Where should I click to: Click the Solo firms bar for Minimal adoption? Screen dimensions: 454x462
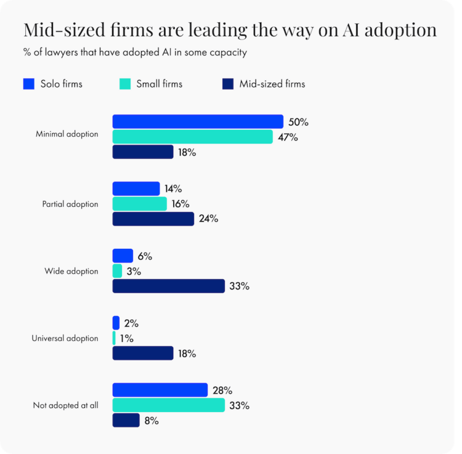click(197, 122)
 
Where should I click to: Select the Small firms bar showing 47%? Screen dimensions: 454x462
click(192, 137)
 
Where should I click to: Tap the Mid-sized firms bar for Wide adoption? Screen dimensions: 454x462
click(168, 286)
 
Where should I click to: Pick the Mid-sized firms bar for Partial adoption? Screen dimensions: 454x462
click(153, 219)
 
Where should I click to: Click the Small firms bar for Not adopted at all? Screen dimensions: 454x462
click(168, 405)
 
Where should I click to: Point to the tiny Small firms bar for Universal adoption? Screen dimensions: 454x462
click(114, 338)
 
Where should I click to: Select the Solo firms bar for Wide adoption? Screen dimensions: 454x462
click(123, 256)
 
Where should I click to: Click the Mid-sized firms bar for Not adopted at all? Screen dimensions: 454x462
click(126, 420)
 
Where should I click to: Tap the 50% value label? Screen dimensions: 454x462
click(298, 122)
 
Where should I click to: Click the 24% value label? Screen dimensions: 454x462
click(209, 219)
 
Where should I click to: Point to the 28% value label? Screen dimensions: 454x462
click(222, 390)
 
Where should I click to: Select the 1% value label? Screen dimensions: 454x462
click(127, 338)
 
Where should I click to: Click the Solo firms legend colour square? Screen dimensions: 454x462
click(28, 84)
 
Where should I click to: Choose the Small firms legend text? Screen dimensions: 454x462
click(160, 84)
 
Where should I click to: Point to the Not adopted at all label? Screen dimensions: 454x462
click(65, 405)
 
